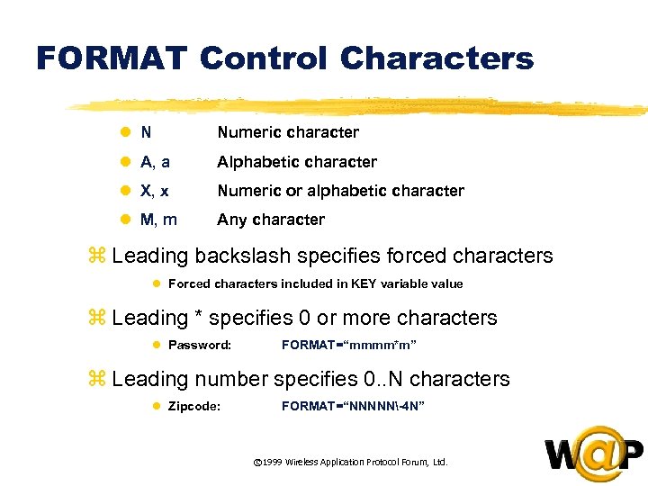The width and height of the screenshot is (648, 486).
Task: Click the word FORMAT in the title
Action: tap(111, 58)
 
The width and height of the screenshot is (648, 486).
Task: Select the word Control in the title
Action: tap(264, 58)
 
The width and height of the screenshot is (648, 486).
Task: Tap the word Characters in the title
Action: tap(437, 58)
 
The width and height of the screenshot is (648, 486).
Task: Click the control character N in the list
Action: tap(146, 132)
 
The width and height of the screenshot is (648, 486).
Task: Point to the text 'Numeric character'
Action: tap(287, 132)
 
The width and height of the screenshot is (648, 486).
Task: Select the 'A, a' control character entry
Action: tap(157, 162)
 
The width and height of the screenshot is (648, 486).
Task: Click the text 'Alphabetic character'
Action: tap(296, 162)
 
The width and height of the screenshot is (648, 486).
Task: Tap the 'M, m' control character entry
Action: tap(159, 220)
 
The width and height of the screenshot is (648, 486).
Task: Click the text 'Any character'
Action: tap(270, 220)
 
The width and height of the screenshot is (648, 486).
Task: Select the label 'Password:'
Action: tap(200, 345)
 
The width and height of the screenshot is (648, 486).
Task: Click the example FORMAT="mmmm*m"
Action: tap(348, 345)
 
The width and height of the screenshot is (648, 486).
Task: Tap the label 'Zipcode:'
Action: tap(194, 406)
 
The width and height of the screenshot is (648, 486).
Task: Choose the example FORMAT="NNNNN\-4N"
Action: tap(353, 406)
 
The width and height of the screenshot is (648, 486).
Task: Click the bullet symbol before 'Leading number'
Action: tap(100, 380)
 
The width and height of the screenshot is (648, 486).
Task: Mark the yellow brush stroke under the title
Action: tap(360, 107)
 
